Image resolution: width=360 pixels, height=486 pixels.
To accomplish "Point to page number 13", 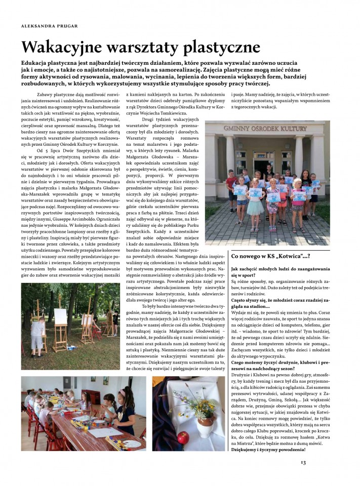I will point(303,462).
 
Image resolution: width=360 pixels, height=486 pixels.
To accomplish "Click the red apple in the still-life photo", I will point(184,436).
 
